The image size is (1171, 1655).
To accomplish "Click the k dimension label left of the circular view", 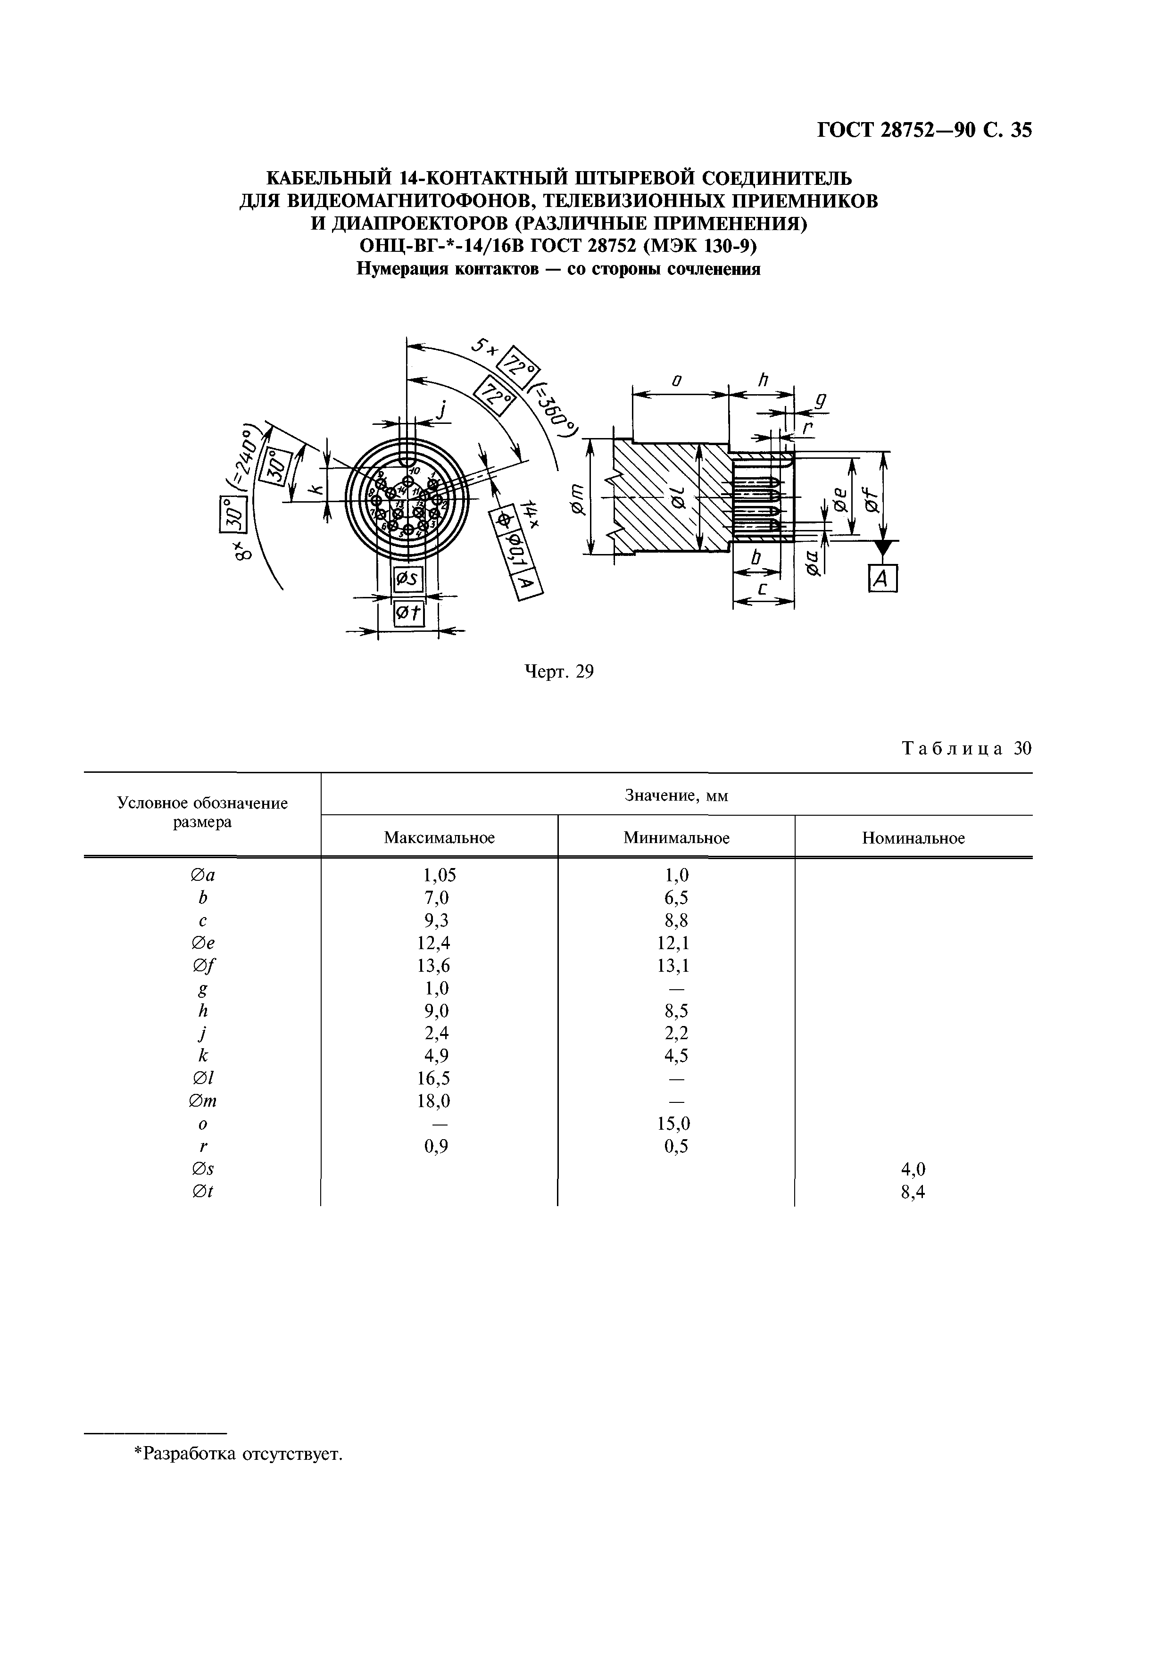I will point(315,491).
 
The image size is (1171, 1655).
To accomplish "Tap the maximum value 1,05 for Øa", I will point(439,875).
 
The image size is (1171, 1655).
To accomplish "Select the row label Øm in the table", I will point(203,1101).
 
